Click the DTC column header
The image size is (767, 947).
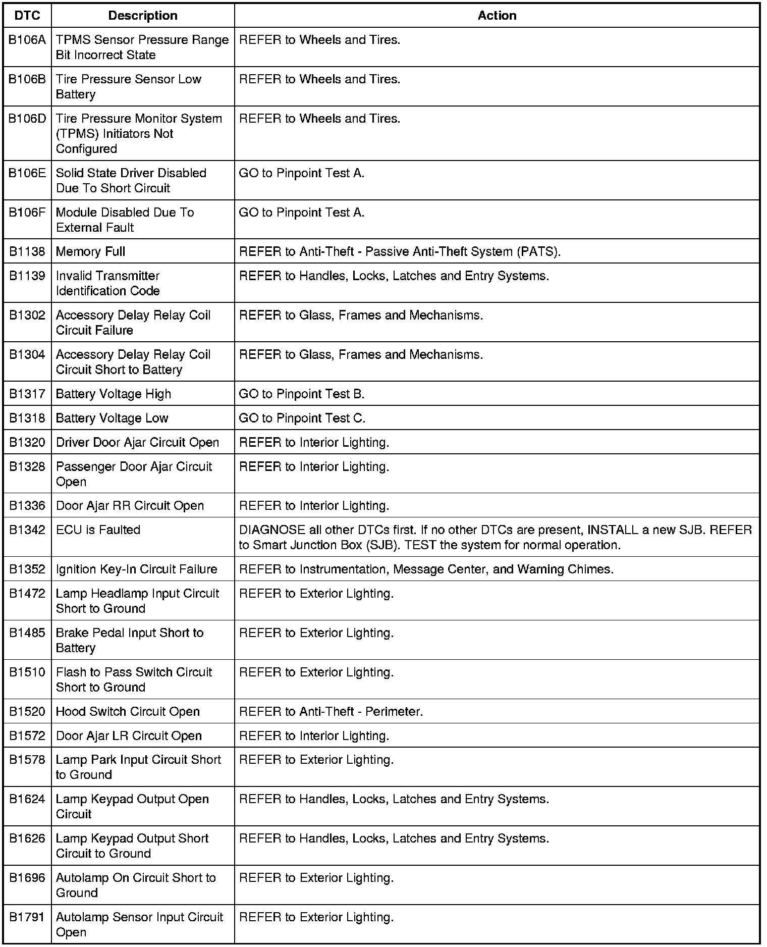tap(27, 16)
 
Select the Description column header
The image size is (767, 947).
tap(143, 16)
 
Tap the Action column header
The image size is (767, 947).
tap(497, 16)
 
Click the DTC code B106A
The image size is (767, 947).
tap(27, 40)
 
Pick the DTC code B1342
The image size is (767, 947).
tap(27, 530)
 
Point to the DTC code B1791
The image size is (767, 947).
tap(27, 917)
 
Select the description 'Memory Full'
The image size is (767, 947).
tap(91, 251)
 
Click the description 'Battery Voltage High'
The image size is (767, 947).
tap(114, 394)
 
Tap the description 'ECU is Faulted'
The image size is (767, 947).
tap(98, 530)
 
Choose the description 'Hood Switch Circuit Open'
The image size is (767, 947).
tap(128, 712)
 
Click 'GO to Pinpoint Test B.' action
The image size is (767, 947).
tap(302, 394)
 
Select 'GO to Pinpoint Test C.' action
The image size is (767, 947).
tap(302, 418)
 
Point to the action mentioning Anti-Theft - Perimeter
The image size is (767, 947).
tap(331, 712)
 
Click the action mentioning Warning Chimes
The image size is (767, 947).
tap(426, 569)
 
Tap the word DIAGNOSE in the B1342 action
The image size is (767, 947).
tap(272, 530)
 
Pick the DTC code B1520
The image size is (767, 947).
tap(27, 712)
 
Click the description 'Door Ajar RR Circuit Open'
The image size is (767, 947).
tap(130, 506)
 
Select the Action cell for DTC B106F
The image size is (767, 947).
tap(302, 213)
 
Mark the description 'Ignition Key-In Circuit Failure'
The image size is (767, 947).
tap(136, 569)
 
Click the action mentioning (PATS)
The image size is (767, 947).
tap(400, 251)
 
